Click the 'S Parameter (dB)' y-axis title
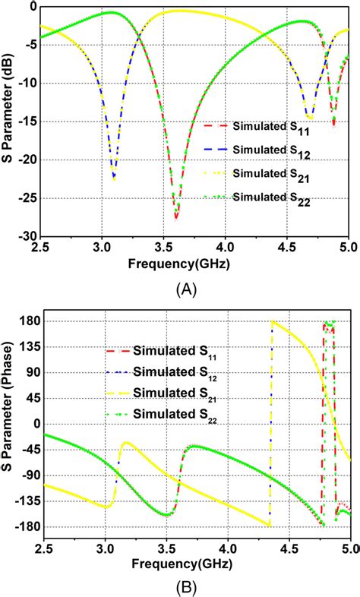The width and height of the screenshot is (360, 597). (x=9, y=119)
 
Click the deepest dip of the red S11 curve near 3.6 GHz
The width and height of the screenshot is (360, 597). (x=175, y=218)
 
